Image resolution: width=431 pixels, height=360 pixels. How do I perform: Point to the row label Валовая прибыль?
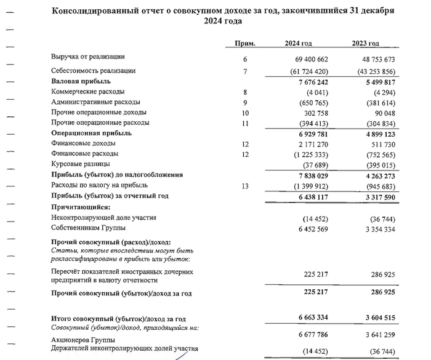[81, 81]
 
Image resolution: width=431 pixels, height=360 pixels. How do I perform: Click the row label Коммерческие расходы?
[88, 92]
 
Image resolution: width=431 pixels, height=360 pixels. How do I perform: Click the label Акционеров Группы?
[86, 338]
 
